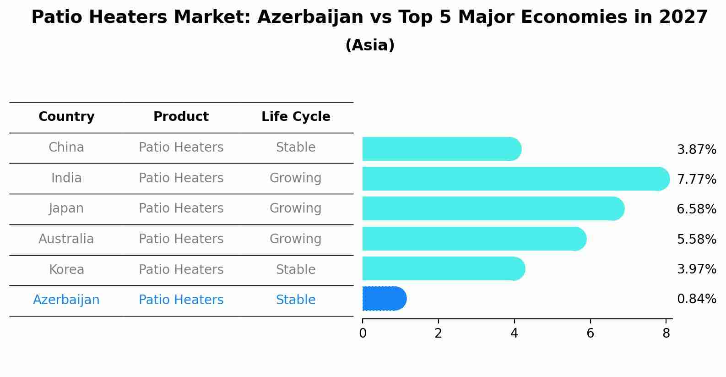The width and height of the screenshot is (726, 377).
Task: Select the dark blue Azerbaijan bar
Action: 384,299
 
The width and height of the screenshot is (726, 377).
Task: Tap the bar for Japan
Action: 493,209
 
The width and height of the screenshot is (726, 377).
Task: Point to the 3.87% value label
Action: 696,150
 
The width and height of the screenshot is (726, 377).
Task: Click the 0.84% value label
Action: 696,299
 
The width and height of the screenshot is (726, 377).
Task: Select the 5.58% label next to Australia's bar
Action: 696,239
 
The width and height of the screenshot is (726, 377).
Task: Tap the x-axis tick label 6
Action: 590,333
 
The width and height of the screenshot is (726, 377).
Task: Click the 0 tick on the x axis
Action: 363,333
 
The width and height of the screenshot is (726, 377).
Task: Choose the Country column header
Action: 66,117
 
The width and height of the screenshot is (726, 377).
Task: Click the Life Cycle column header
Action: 296,117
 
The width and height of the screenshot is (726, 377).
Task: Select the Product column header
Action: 181,117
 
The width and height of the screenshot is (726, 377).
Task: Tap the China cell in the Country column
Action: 66,148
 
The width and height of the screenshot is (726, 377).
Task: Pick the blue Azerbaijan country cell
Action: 66,300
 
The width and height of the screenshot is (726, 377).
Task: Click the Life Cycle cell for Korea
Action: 296,269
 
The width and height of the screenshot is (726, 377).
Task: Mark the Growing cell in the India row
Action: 296,178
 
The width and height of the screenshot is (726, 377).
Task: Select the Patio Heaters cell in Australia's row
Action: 181,239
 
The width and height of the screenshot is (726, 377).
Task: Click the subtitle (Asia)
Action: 370,45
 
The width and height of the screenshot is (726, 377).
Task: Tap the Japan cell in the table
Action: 66,208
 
